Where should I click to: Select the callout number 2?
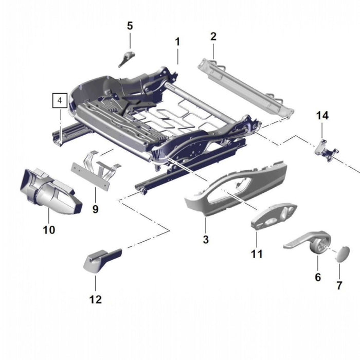(213, 36)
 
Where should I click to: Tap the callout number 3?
(206, 239)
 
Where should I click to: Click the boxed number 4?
(60, 100)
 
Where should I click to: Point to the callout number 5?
(130, 25)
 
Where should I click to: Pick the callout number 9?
(95, 209)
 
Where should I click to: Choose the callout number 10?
(49, 230)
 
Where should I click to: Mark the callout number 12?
(96, 299)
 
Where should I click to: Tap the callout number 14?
(322, 116)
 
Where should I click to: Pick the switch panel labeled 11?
(274, 217)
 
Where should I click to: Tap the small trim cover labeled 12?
(102, 259)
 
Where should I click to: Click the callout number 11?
(257, 254)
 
